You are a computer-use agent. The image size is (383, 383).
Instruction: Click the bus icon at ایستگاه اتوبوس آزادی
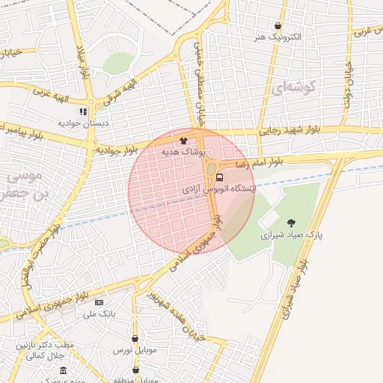coord(219,177)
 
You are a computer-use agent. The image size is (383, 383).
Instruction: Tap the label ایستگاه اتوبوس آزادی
coord(220,190)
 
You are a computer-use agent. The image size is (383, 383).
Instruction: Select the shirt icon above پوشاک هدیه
coord(184,140)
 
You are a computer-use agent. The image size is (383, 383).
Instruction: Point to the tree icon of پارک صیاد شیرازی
coord(291,222)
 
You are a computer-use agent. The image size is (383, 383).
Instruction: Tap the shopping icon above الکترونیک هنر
coord(278,25)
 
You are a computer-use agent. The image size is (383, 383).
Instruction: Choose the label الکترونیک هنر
coord(277,36)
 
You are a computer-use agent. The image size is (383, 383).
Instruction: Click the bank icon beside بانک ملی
coord(99,301)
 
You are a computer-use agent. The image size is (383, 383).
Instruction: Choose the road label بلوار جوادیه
coord(116,150)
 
